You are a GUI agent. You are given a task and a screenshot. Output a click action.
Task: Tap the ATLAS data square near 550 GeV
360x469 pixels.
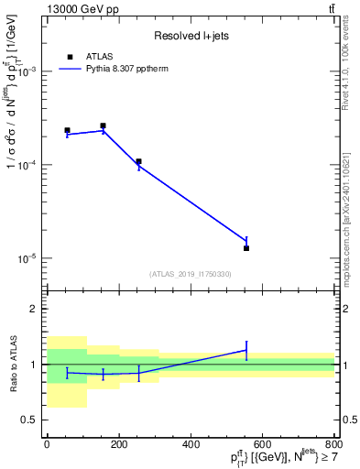[x=246, y=248]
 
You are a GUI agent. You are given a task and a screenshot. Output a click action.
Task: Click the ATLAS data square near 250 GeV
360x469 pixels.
[x=138, y=161]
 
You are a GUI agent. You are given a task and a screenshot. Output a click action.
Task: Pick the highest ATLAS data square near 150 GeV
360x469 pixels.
[x=103, y=125]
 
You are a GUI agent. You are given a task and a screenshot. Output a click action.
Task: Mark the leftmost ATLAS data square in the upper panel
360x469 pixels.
[x=67, y=130]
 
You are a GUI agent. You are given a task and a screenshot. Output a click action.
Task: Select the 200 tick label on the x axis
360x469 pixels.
[x=118, y=444]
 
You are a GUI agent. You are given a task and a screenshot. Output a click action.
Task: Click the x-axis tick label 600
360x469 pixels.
[x=263, y=444]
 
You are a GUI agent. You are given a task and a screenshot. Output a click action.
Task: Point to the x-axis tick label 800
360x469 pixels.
[x=333, y=444]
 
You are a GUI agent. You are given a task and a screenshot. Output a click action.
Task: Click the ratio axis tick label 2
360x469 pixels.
[x=34, y=310]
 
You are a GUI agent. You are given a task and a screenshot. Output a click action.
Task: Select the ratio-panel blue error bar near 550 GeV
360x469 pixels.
[x=246, y=350]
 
